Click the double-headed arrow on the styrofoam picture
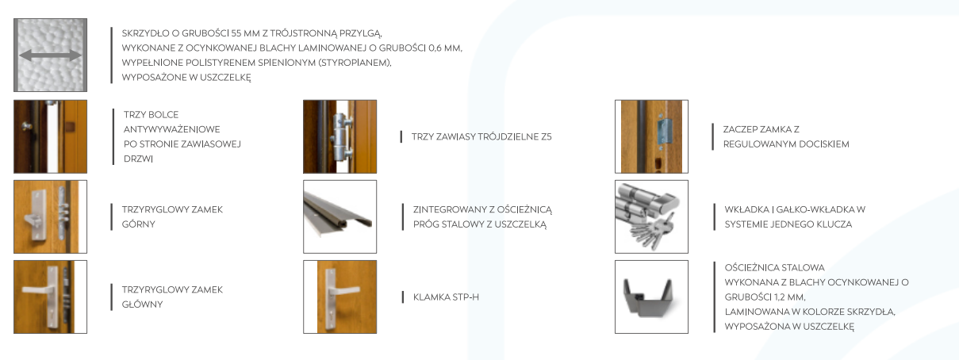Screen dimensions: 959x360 point(50,55)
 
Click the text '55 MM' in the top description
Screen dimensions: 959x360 point(245,33)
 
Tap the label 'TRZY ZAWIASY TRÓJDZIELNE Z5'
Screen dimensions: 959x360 point(481,137)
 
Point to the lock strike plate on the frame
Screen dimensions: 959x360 point(663,132)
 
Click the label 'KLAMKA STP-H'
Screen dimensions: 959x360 point(446,297)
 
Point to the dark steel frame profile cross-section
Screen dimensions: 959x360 point(648,297)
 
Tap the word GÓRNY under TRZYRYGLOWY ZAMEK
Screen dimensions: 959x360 point(138,224)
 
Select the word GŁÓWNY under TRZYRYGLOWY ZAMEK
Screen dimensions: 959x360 point(142,304)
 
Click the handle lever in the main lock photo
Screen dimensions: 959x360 point(38,289)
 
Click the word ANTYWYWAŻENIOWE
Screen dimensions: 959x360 point(171,129)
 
